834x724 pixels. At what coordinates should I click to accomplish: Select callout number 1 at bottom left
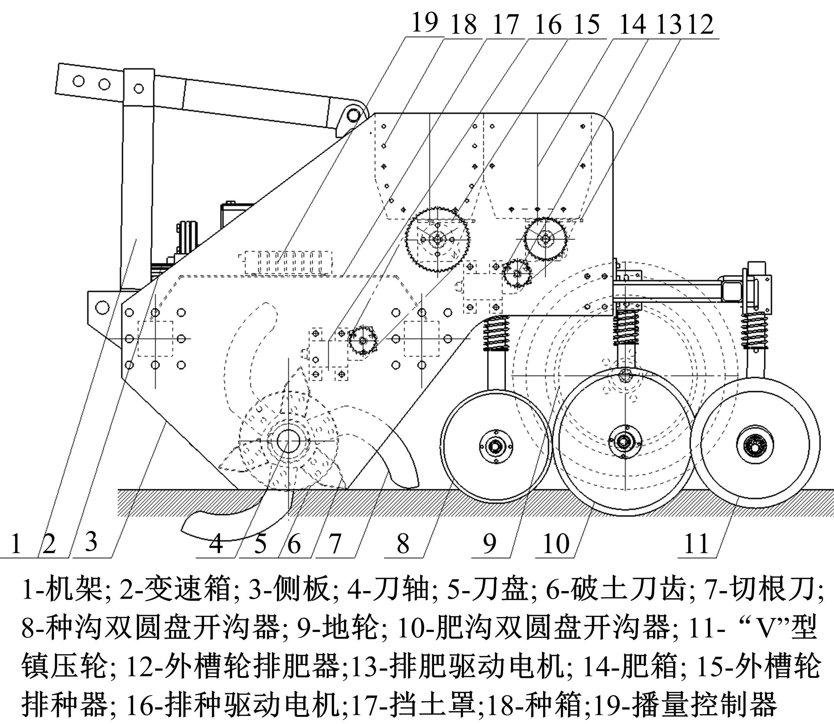[16, 544]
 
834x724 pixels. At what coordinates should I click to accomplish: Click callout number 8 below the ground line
[403, 544]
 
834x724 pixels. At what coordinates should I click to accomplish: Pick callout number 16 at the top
[548, 24]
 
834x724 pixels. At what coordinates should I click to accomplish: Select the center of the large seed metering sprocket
[437, 239]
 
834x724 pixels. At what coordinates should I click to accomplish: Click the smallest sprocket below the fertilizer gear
[517, 274]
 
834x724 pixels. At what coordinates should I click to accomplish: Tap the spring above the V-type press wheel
[754, 331]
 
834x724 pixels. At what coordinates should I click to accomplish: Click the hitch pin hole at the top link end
[353, 115]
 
